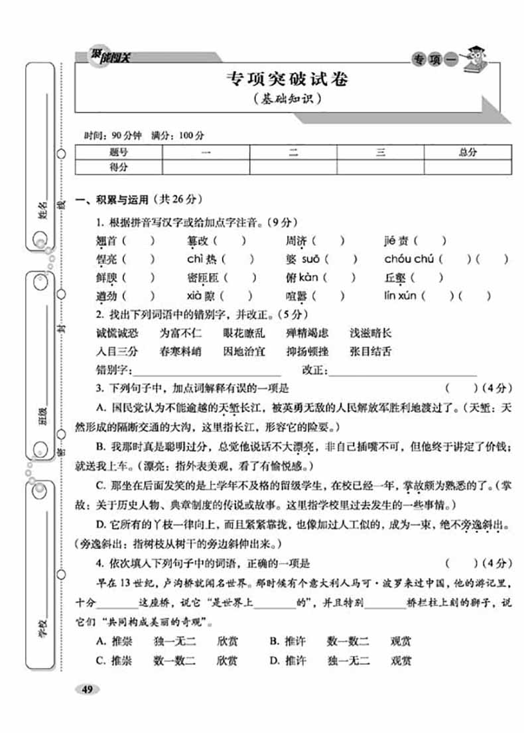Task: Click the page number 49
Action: coord(87,689)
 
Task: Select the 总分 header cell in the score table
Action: coord(468,152)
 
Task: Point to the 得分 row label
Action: coord(119,168)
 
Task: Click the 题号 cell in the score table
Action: coord(119,152)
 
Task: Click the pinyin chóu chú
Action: coord(409,259)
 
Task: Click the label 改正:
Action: coord(315,370)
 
